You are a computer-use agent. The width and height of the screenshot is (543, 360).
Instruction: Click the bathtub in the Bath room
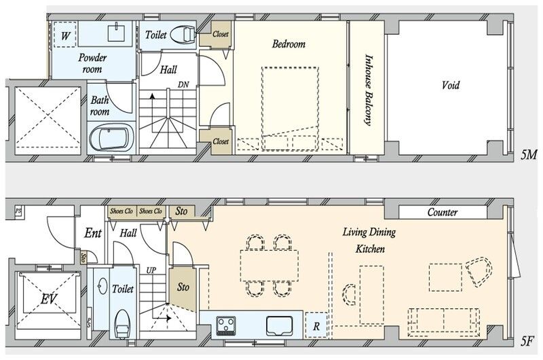coord(112,138)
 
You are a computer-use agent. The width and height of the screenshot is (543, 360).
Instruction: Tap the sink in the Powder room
coord(118,32)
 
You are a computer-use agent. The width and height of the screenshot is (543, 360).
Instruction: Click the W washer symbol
coord(65,35)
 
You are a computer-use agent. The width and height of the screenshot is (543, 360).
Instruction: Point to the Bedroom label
coord(288,44)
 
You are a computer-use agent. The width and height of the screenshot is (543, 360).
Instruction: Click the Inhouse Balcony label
coord(369,90)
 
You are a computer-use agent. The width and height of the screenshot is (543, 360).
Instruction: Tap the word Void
coord(450,85)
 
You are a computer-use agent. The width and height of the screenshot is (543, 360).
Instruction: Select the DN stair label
coord(183,84)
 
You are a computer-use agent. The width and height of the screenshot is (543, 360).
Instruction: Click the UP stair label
coord(151,270)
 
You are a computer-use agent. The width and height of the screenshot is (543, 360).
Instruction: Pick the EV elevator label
coord(48,298)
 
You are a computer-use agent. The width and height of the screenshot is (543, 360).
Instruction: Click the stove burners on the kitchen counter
coord(226,325)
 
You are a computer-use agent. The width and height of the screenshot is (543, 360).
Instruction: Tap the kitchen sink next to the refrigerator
coord(280,325)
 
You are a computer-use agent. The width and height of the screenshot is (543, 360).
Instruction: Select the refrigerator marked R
coord(316,325)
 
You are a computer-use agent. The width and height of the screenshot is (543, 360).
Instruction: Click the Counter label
coord(443,212)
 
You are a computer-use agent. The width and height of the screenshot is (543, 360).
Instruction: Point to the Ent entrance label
coord(93,233)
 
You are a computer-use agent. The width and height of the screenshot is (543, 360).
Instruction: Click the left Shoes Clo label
coord(121,211)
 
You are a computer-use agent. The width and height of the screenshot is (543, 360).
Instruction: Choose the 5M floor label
coord(529,155)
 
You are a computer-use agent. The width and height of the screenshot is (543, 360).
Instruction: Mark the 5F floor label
coord(527,342)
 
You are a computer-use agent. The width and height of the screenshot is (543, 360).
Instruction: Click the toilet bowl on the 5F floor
coord(121,324)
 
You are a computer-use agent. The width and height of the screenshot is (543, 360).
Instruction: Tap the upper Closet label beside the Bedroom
coord(221,34)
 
